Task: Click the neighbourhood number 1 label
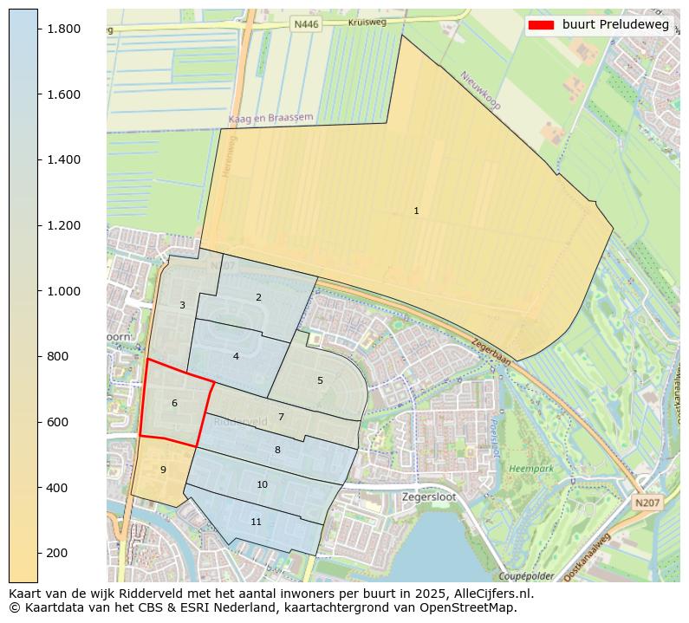click(x=416, y=211)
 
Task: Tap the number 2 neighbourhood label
click(x=258, y=297)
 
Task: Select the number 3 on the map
click(x=182, y=305)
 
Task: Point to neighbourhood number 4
click(x=236, y=356)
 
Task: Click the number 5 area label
click(x=320, y=380)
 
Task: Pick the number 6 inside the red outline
click(x=174, y=403)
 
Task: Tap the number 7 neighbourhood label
click(x=281, y=417)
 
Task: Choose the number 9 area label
click(x=163, y=470)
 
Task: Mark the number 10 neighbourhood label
click(x=262, y=484)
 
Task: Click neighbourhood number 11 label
click(x=256, y=522)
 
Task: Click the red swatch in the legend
click(x=540, y=24)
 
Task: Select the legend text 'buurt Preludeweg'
click(x=615, y=24)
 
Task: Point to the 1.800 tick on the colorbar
click(x=63, y=29)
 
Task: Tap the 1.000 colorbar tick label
click(x=63, y=291)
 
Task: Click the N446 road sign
click(x=306, y=24)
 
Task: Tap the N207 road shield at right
click(x=645, y=503)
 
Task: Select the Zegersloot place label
click(x=429, y=497)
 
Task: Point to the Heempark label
click(x=530, y=468)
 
